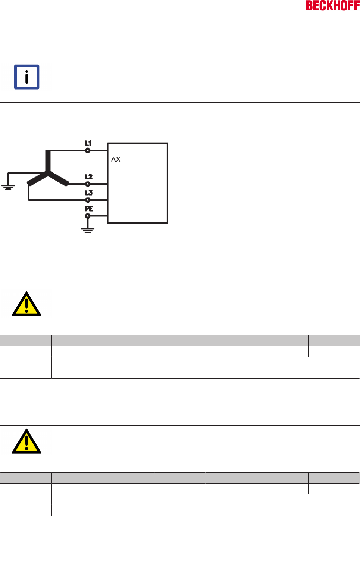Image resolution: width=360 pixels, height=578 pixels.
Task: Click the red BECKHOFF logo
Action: (332, 6)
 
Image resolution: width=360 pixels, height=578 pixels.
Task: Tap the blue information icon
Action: (26, 77)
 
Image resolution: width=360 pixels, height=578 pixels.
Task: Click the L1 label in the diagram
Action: (88, 143)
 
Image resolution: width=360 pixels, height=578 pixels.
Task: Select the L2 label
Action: (88, 177)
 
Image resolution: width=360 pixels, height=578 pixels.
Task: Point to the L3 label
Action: (88, 193)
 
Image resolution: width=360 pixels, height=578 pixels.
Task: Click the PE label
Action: (89, 209)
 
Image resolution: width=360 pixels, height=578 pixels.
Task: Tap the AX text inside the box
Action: (116, 159)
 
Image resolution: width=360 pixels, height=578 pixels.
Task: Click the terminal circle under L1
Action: (88, 151)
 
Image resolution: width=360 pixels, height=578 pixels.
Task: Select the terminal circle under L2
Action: (88, 184)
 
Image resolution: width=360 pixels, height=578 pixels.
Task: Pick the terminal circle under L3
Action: (88, 200)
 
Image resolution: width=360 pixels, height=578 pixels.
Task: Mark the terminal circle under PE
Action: (88, 216)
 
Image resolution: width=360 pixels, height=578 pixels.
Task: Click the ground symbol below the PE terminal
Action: (88, 230)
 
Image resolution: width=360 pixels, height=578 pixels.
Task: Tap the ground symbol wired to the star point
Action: (8, 187)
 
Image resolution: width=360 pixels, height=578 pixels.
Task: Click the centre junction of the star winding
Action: (47, 172)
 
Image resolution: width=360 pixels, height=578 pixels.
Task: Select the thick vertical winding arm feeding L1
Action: (47, 160)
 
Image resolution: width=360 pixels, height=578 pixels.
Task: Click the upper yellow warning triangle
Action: (26, 304)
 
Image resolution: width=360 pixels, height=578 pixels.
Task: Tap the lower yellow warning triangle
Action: (26, 442)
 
